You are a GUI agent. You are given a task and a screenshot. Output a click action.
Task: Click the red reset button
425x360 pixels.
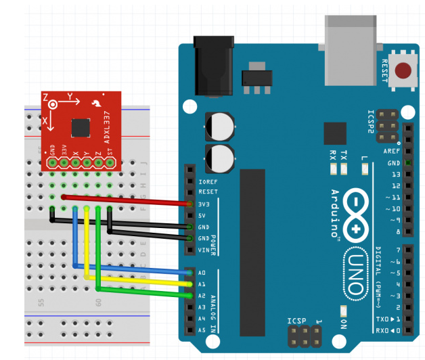point(404,70)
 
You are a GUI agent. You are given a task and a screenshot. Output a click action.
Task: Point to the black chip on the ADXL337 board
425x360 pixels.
point(81,127)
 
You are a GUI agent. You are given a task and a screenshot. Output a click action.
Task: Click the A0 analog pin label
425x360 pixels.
point(202,273)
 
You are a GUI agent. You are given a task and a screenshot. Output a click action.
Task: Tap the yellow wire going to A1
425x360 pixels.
point(135,279)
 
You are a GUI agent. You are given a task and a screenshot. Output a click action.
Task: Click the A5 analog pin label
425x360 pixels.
point(202,330)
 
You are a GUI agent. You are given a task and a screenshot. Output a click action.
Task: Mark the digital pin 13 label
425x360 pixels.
point(388,174)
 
